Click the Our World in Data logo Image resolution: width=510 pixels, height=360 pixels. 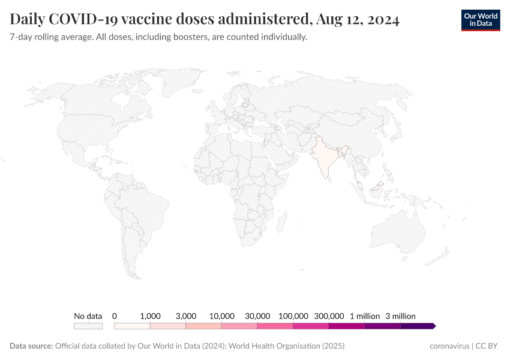tap(480, 20)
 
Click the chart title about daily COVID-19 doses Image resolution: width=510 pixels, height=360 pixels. tap(205, 20)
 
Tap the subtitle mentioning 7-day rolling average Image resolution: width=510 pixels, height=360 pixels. tap(158, 37)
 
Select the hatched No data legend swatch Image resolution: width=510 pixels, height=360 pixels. tap(88, 326)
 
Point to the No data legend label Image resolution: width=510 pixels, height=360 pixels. tap(88, 316)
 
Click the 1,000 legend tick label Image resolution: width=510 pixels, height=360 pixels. tap(150, 316)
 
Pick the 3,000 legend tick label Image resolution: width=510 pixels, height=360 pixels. tap(186, 316)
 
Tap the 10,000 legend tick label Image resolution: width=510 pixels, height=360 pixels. tap(221, 316)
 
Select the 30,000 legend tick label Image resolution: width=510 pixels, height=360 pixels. tap(257, 316)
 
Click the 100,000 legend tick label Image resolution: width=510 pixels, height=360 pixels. tap(293, 316)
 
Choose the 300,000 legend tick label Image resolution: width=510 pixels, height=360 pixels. tap(329, 316)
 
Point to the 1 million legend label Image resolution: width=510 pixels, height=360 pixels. tap(365, 316)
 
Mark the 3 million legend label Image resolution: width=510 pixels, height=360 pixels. tap(400, 316)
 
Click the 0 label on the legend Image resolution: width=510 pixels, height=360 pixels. tap(115, 316)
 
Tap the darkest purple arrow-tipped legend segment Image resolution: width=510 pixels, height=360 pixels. tap(418, 326)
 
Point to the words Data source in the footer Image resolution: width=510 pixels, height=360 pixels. tap(31, 346)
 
